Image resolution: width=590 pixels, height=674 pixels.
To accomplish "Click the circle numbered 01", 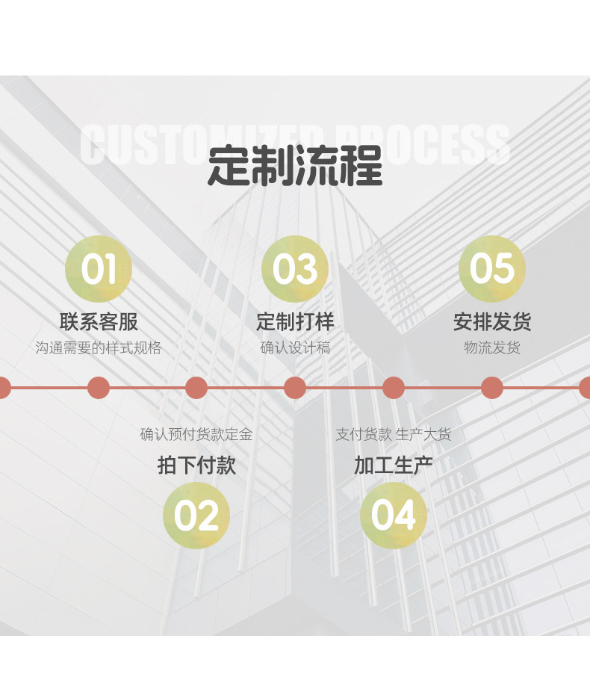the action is tap(99, 269).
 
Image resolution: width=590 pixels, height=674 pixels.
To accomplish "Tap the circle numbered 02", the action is tap(196, 516).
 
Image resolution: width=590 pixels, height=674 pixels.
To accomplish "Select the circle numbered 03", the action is tap(295, 269).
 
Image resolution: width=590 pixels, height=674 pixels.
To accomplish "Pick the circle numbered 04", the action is tap(394, 516).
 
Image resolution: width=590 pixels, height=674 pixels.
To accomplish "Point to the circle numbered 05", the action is tap(492, 269).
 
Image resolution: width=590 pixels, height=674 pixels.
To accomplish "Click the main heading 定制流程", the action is tap(295, 165).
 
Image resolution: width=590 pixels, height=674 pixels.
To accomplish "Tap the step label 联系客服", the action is tap(99, 322).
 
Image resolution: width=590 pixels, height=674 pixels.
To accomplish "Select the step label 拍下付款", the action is tap(196, 466).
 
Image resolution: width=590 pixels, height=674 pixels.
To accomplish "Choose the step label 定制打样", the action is tap(295, 322).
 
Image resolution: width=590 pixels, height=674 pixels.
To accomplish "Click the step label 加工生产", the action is tap(394, 466).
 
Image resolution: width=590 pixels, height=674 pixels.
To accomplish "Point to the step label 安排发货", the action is tap(492, 322).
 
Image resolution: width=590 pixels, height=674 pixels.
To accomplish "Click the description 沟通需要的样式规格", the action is tap(99, 348).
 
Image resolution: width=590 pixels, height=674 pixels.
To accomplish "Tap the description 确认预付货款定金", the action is tap(196, 435).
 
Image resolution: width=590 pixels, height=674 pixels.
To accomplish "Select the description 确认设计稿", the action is tap(295, 348).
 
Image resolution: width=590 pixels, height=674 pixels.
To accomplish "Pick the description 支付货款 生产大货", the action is tap(394, 435).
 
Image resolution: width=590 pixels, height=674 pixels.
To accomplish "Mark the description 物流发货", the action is tap(492, 348).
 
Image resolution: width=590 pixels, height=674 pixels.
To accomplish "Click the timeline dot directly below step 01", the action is tap(99, 388).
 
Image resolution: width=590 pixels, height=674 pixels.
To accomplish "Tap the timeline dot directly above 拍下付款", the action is tap(196, 388).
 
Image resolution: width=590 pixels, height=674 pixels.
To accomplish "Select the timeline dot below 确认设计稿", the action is tap(295, 388).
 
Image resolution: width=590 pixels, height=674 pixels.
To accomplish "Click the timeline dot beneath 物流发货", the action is tap(492, 388).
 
